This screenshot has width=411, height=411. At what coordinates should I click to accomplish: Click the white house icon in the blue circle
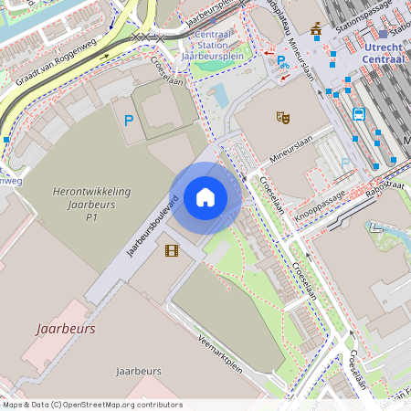(x=205, y=197)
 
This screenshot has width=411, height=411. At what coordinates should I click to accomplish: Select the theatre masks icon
(x=282, y=117)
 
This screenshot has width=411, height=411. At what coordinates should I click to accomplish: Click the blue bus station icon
(x=359, y=115)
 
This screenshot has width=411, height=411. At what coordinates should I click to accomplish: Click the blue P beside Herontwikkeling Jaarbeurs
(x=129, y=121)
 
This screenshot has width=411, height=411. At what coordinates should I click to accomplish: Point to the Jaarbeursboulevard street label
(x=151, y=225)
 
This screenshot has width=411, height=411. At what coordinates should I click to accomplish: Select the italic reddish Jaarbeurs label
(x=66, y=327)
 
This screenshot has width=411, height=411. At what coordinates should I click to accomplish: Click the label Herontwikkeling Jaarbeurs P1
(x=91, y=205)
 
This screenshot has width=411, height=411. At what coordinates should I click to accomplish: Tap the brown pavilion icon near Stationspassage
(x=316, y=30)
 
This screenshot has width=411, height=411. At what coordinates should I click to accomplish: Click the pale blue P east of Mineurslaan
(x=345, y=163)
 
